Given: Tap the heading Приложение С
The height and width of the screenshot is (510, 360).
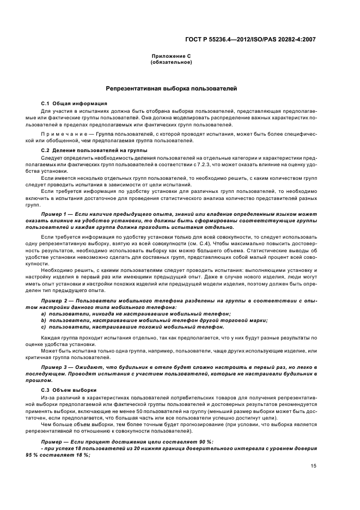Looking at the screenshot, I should pos(170,57).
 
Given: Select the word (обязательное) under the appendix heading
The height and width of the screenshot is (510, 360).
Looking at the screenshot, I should pos(170,62).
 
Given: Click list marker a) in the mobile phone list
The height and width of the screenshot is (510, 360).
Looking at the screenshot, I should pos(44,314).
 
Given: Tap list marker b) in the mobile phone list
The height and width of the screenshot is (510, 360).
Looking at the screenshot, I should pos(44,320).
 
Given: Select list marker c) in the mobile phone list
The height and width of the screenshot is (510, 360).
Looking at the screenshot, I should pos(44,327).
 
